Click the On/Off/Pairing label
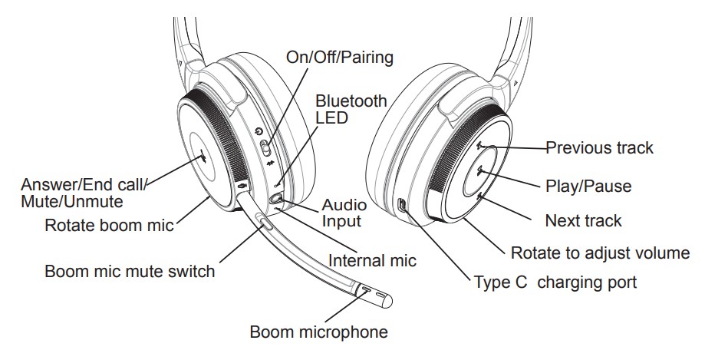point(339,58)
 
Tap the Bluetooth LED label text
point(351,109)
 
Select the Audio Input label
point(344,213)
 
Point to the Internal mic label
point(372,260)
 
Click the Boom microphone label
point(318,332)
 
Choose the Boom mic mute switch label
point(130,271)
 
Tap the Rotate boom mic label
point(109,226)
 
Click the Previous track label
point(599,147)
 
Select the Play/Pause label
point(588,187)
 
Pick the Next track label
point(583,220)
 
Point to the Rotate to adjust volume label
point(600,253)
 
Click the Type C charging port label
point(555,282)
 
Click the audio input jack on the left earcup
point(276,198)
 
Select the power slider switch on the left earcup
point(265,148)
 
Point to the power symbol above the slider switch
point(259,132)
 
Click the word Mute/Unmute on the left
point(72,202)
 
